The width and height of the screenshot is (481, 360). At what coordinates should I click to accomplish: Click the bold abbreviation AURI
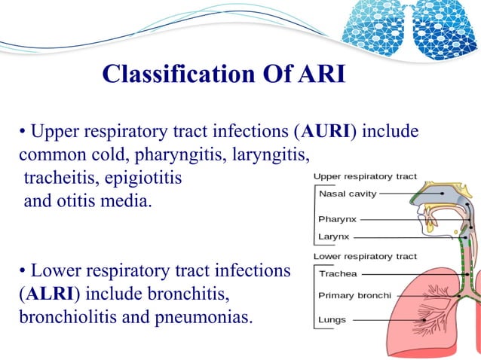tap(324, 133)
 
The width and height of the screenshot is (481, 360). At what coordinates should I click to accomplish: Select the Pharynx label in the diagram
tap(337, 220)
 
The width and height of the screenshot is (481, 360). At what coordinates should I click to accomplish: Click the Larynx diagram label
tap(333, 236)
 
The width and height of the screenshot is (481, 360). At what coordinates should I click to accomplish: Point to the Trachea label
tap(337, 273)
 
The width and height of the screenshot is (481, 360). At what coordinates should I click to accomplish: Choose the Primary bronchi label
tap(353, 295)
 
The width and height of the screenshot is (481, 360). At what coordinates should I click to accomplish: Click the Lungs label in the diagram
tap(332, 319)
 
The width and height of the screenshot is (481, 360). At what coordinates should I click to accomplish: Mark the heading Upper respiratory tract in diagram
tap(365, 176)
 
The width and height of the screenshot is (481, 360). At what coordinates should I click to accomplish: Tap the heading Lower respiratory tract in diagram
tap(365, 257)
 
